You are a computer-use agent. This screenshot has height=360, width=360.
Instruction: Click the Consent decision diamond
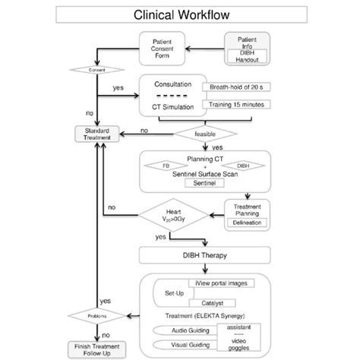tap(96, 71)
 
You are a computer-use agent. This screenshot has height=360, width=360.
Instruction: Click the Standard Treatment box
tap(96, 134)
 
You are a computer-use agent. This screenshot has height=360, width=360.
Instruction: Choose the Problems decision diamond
tap(96, 314)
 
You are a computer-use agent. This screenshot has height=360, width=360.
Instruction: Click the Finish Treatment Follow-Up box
tap(96, 348)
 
